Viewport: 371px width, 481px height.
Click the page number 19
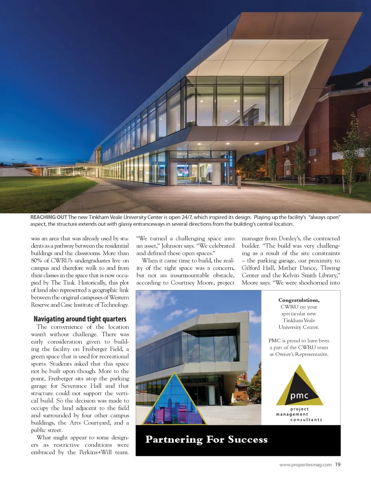point(338,464)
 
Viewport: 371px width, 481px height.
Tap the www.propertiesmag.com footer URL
point(305,465)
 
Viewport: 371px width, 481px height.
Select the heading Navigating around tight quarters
point(80,319)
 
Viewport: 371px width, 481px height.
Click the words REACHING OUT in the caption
point(49,217)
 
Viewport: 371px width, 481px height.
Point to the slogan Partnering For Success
point(207,439)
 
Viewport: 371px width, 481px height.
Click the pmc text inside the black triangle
point(299,396)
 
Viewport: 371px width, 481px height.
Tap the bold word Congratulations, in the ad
point(299,300)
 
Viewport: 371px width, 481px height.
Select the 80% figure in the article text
point(37,261)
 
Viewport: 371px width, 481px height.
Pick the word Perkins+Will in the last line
point(96,452)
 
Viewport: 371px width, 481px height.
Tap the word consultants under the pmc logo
point(306,420)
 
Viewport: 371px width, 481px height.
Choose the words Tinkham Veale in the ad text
point(299,320)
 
